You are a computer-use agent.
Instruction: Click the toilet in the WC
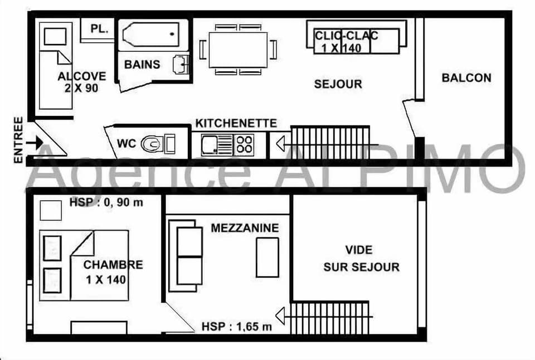click(x=151, y=144)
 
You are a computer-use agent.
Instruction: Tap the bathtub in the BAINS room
click(x=151, y=35)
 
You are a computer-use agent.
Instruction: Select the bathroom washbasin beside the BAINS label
click(x=181, y=64)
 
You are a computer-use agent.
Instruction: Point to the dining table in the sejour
click(x=238, y=50)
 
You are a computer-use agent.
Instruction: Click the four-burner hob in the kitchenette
click(x=244, y=144)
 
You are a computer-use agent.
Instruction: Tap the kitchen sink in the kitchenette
click(x=211, y=145)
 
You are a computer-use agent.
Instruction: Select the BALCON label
click(x=466, y=78)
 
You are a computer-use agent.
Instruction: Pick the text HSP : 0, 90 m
click(x=106, y=202)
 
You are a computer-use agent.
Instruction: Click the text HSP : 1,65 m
click(x=237, y=327)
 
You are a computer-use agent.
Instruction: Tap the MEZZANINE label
click(x=245, y=228)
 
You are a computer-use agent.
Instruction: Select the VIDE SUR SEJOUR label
click(x=361, y=259)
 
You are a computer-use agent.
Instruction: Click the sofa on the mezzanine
click(x=186, y=256)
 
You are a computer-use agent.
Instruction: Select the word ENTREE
click(x=18, y=140)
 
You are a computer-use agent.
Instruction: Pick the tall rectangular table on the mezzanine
click(x=267, y=257)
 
